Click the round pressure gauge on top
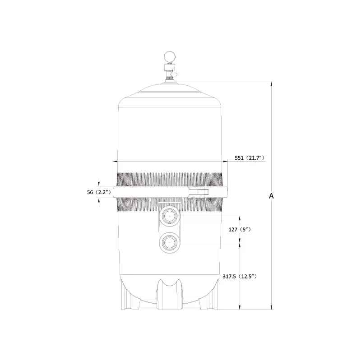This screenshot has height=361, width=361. [169, 57]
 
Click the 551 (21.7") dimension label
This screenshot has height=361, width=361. [250, 157]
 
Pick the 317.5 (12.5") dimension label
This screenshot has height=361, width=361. [240, 276]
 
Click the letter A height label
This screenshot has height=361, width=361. [271, 196]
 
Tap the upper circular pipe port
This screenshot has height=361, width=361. [170, 216]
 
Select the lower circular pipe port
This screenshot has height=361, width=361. [170, 243]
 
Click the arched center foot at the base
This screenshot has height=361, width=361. [170, 293]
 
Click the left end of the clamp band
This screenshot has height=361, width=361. [115, 192]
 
